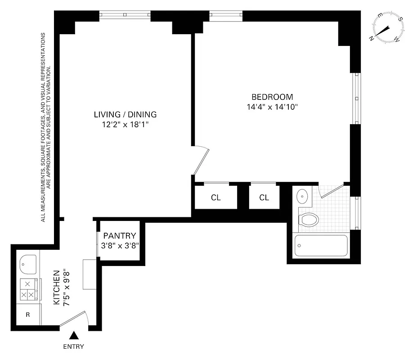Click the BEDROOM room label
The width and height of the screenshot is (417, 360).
pos(272,97)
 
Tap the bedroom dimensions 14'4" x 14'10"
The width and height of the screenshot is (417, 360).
pos(272,107)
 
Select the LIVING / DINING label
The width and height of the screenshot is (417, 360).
pos(125,114)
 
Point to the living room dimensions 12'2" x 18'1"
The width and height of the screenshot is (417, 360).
pos(125,125)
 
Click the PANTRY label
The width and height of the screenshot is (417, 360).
pos(119,236)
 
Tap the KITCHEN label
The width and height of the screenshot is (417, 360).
pos(57,288)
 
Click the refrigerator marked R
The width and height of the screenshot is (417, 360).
pos(28,315)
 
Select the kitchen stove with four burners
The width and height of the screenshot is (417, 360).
pos(29,289)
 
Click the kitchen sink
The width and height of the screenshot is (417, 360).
pos(28,264)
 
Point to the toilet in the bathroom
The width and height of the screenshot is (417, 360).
pos(309,220)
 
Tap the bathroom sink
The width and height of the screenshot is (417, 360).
pos(303,196)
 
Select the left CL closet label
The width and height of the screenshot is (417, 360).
pos(215,198)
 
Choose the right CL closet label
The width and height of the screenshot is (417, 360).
pos(264,198)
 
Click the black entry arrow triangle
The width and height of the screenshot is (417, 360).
pos(73,335)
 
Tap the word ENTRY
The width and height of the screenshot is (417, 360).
pos(73,346)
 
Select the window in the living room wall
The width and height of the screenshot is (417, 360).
pos(125,15)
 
